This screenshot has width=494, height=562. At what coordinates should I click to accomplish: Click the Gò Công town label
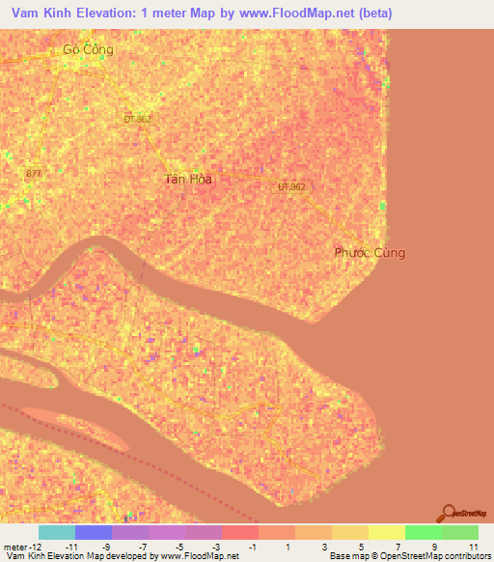[x=88, y=49]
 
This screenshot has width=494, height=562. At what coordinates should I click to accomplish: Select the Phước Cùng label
[x=370, y=253]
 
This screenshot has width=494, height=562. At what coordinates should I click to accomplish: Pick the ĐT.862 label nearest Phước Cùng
[x=291, y=186]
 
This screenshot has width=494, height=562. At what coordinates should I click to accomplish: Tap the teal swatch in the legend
[x=57, y=532]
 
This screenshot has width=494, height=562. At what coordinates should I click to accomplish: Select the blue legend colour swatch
[x=94, y=532]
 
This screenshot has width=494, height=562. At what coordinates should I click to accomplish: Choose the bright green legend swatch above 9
[x=424, y=532]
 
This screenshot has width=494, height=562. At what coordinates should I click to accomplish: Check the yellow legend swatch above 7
[x=387, y=532]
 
